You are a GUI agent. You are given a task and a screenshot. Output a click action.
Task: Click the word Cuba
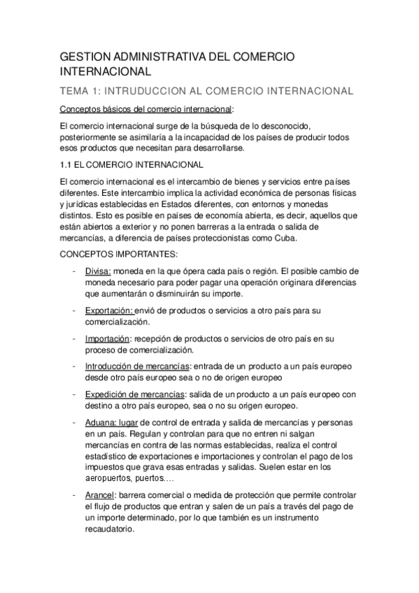click(283, 237)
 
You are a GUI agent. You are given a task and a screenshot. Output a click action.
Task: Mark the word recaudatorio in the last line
click(118, 529)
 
